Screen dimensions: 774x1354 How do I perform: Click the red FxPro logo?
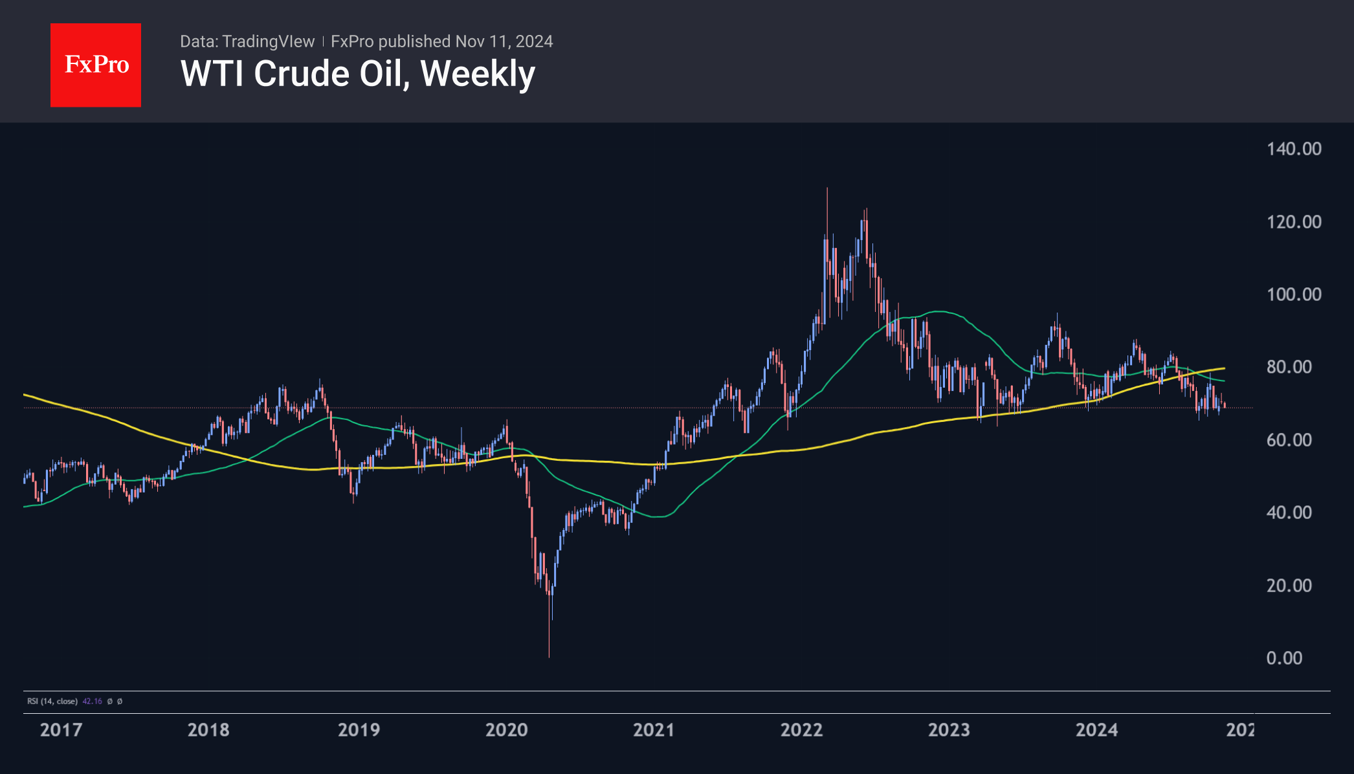point(96,65)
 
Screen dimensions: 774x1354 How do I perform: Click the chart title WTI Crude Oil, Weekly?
point(358,74)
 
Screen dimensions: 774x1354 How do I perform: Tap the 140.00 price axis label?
point(1294,149)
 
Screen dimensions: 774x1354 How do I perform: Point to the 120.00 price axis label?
point(1294,222)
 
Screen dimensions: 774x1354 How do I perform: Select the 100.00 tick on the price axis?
point(1294,294)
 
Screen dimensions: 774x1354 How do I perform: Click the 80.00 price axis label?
point(1289,367)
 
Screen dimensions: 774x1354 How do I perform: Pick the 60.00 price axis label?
point(1289,440)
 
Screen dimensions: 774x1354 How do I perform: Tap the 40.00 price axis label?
point(1289,513)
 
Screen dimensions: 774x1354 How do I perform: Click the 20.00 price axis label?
point(1289,586)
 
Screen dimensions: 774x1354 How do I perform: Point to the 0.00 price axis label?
point(1284,658)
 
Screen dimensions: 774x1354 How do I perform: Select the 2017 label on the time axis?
point(61,730)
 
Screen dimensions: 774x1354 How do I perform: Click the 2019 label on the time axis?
point(359,730)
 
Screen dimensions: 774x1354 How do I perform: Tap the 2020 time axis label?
point(506,730)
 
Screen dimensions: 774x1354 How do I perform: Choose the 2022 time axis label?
point(801,730)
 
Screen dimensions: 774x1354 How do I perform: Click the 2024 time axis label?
point(1096,730)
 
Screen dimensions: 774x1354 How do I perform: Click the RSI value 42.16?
point(92,702)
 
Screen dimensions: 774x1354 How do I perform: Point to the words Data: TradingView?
point(247,41)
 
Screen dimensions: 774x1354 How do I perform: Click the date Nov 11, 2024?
point(504,41)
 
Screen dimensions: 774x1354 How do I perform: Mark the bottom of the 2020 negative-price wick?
point(549,657)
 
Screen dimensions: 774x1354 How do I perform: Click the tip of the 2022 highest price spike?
point(827,188)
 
